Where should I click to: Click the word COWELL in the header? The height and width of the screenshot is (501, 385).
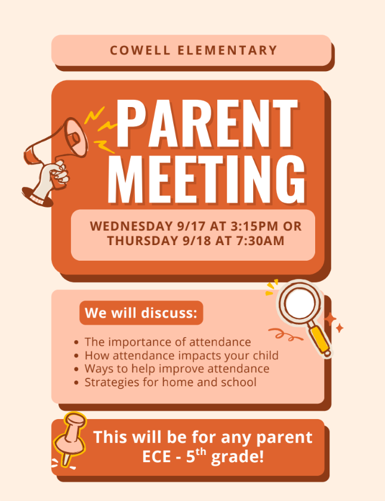click(140, 50)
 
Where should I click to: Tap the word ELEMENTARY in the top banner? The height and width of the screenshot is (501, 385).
click(227, 50)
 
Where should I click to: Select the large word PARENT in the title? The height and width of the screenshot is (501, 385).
click(207, 124)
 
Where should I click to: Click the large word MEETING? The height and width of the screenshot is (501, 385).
click(207, 179)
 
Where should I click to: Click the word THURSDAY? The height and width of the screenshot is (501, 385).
click(143, 240)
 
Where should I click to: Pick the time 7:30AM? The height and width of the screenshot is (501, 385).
click(260, 240)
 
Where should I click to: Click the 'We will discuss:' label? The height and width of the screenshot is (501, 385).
click(141, 313)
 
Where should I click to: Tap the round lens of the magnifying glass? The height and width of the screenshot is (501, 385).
click(299, 303)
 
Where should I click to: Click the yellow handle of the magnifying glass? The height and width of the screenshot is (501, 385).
click(321, 341)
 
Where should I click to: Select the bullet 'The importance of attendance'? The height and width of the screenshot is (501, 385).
click(168, 342)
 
